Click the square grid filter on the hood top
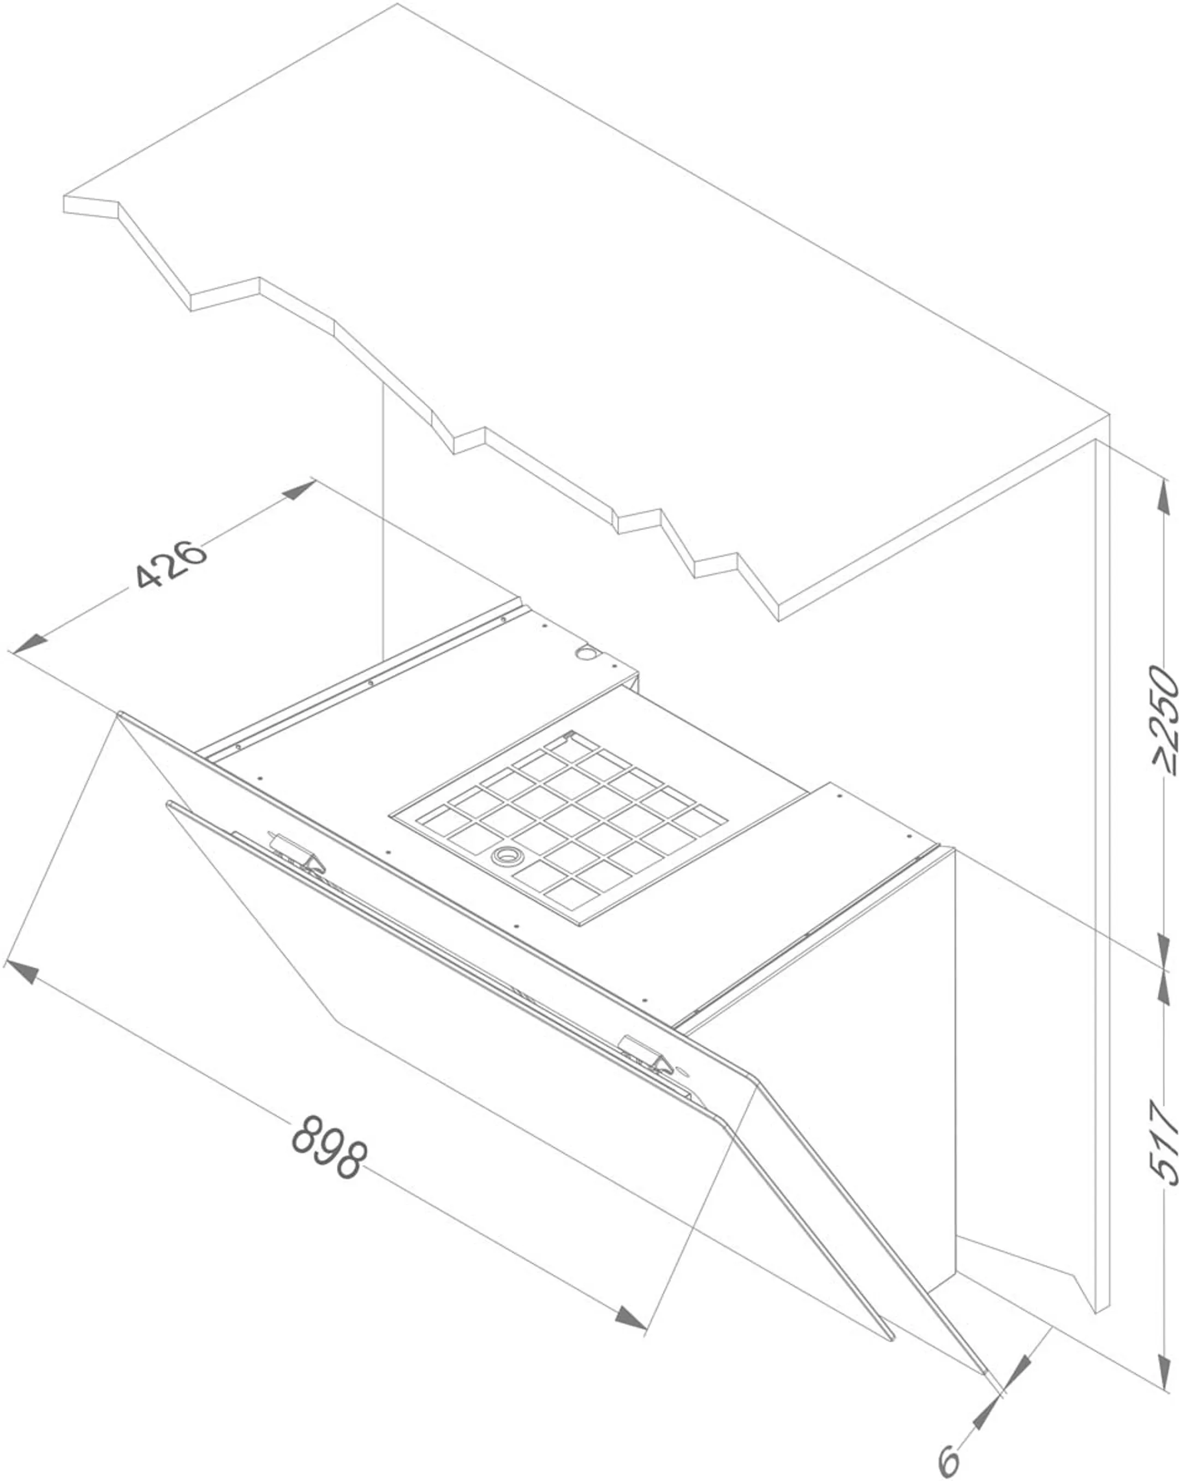(x=558, y=829)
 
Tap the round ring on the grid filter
(x=507, y=855)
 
